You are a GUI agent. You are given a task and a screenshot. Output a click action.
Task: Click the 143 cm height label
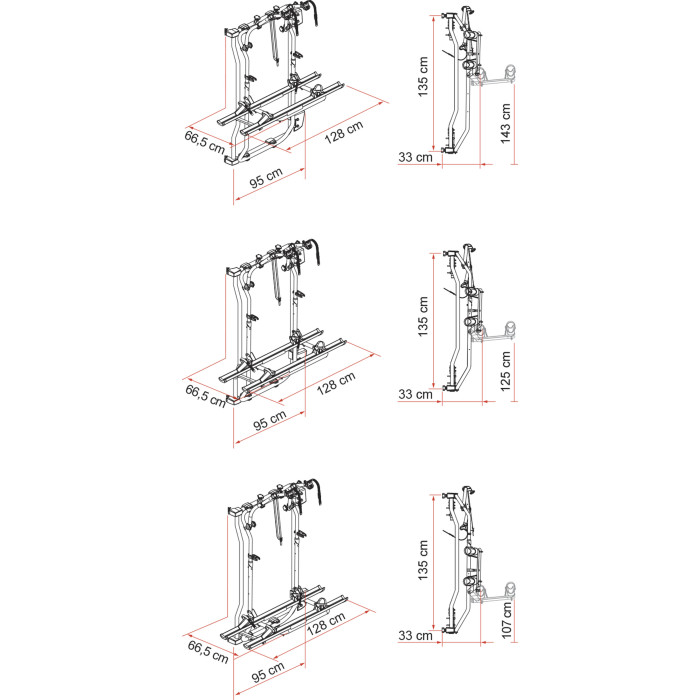505,123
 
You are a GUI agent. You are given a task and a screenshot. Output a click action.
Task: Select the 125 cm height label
505,371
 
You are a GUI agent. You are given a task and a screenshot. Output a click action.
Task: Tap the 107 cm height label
506,620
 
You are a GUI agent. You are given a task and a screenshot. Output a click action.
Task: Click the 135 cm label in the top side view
423,76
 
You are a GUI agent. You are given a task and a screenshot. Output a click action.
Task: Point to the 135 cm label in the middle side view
423,317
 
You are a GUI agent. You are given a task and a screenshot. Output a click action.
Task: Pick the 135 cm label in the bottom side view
423,560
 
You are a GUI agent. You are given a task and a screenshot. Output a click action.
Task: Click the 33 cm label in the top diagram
416,157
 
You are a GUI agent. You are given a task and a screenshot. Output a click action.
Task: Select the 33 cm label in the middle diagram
416,394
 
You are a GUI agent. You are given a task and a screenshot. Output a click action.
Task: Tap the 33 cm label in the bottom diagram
416,635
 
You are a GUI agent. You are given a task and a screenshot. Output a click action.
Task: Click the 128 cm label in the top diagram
344,132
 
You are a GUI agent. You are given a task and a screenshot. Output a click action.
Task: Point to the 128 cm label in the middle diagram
336,383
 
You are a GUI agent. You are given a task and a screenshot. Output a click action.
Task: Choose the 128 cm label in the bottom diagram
326,623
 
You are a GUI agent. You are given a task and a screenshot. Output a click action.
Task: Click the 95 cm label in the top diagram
266,178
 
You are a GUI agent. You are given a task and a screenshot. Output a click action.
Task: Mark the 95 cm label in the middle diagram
270,421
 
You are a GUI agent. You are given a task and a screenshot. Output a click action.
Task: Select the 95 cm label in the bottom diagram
268,672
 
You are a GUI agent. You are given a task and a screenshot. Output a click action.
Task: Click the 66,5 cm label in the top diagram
205,142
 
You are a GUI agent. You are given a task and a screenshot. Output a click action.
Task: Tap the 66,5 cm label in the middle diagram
206,396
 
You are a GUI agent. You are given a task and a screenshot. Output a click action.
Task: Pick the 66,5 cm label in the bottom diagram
208,652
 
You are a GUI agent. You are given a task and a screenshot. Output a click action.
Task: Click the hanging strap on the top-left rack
274,42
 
